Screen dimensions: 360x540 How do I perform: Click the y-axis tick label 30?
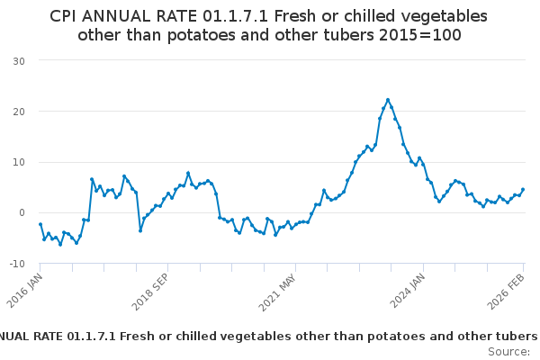point(18,60)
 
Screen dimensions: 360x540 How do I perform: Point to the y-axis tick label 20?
point(18,112)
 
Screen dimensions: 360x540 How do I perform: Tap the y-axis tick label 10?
point(18,162)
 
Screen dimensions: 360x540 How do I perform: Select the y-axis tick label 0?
point(22,213)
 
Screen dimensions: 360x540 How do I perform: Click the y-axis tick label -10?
point(16,264)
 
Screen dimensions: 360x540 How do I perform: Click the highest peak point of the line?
point(388,100)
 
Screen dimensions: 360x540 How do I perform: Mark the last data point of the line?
point(523,190)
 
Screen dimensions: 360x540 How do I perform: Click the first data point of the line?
point(40,224)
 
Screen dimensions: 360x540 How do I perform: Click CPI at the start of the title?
point(65,16)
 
